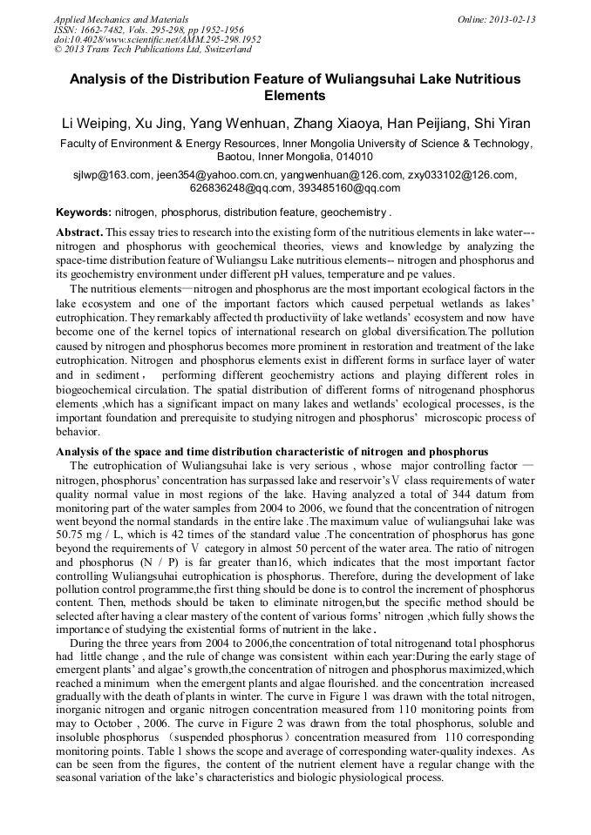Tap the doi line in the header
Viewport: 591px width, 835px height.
click(157, 39)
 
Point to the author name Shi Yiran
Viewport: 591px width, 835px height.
click(499, 124)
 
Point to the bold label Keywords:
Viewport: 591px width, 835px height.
click(84, 212)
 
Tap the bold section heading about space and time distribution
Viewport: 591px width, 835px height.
click(271, 452)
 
